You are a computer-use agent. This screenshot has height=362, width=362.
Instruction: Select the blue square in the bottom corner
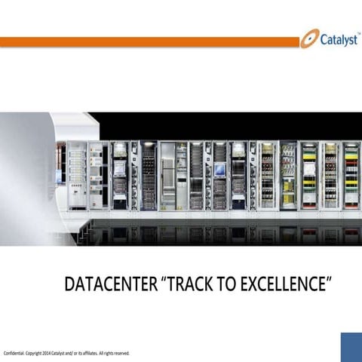351,346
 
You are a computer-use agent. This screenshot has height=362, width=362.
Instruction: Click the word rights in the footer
109,353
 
